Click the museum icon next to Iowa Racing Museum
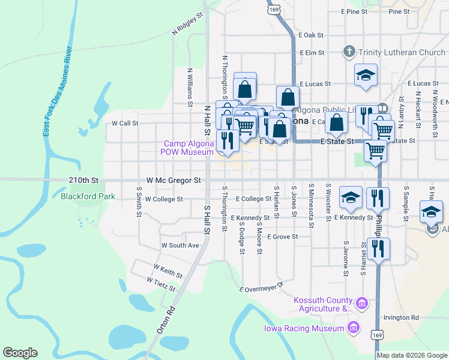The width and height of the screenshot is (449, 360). [x=353, y=328]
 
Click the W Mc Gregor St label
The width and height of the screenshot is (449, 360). [x=173, y=180]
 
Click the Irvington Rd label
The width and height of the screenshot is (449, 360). [x=402, y=317]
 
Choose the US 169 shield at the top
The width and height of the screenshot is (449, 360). [x=274, y=10]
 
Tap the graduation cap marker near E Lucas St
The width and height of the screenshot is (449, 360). [x=366, y=76]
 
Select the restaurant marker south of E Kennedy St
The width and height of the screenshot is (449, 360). [x=378, y=248]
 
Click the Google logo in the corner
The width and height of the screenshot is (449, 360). [x=20, y=353]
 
